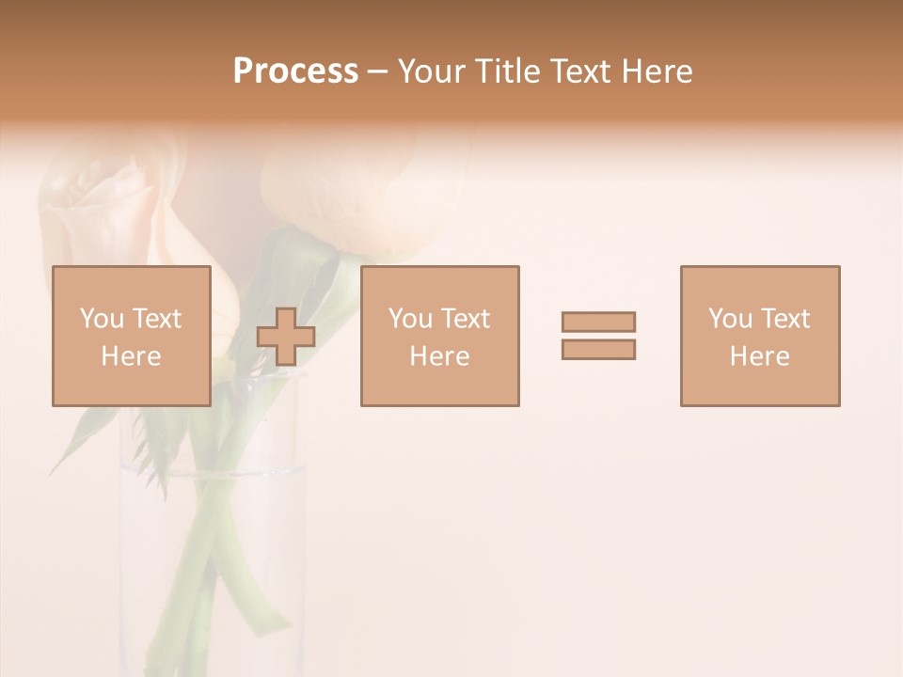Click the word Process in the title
click(x=295, y=71)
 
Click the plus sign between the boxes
click(x=286, y=337)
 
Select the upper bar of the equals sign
click(x=598, y=322)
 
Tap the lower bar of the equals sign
click(x=598, y=349)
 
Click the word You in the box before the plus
click(x=101, y=319)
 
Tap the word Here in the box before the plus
click(x=131, y=356)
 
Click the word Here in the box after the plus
click(x=439, y=356)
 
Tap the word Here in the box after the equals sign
click(x=759, y=356)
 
